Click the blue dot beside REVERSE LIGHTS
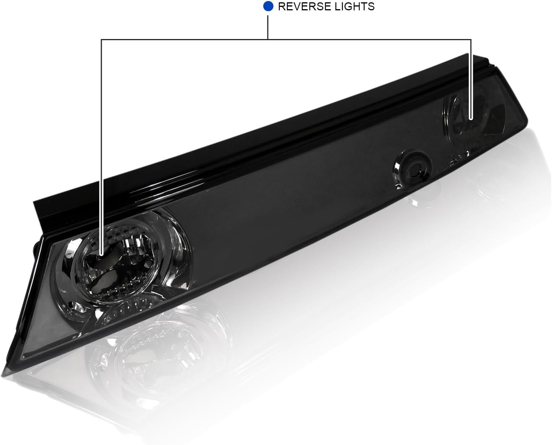[268, 7]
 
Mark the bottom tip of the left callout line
[102, 255]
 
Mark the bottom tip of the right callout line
[471, 119]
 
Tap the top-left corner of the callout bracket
[102, 39]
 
